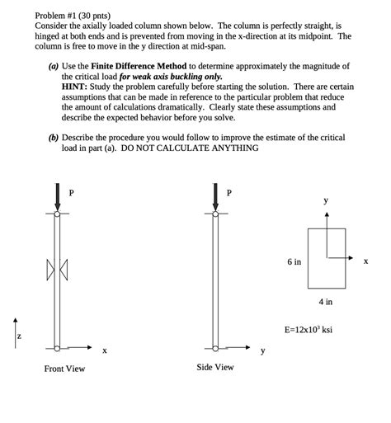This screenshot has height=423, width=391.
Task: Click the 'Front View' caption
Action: (64, 369)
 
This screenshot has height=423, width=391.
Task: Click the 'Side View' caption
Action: (215, 367)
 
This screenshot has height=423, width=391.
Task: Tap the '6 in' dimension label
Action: (294, 262)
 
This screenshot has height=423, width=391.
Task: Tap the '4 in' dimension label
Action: (326, 302)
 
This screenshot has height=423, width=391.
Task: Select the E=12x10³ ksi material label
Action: (309, 329)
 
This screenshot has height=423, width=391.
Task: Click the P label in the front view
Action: (71, 193)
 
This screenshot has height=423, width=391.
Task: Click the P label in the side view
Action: (229, 193)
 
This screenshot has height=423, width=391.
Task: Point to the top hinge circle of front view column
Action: (57, 214)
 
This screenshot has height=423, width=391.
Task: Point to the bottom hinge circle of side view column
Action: (215, 349)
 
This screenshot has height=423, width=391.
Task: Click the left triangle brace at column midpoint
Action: (50, 270)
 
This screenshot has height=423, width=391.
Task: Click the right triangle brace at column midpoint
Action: (64, 270)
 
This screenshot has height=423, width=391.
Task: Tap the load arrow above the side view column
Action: (215, 197)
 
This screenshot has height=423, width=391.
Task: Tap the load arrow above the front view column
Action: (57, 197)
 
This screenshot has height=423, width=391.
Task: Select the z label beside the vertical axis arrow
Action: (19, 336)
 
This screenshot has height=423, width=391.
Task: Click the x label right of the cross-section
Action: (365, 261)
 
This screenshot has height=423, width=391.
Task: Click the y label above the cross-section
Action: (326, 200)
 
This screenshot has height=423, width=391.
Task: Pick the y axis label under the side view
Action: (263, 350)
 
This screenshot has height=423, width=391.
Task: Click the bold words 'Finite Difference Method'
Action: (139, 66)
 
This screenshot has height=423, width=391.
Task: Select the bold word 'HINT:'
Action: (74, 87)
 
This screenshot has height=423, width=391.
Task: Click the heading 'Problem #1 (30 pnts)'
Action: (73, 16)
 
